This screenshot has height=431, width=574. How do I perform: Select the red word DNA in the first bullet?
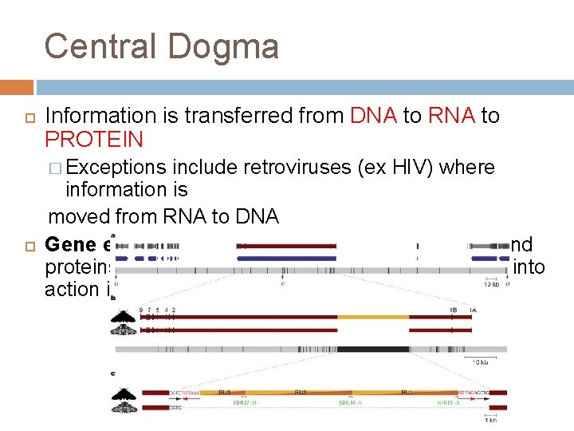[x=374, y=116]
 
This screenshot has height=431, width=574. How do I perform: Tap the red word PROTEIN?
[x=94, y=140]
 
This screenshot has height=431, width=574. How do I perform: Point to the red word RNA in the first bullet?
[x=451, y=116]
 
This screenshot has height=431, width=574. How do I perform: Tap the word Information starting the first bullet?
[x=112, y=116]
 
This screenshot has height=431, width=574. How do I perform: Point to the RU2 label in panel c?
[x=301, y=393]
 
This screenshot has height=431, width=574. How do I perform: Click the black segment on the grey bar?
[x=372, y=349]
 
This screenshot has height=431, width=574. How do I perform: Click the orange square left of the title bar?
[x=17, y=87]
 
